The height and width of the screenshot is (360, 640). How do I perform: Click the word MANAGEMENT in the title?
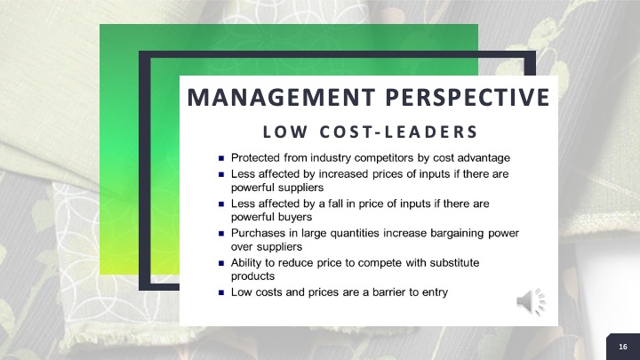tap(281, 97)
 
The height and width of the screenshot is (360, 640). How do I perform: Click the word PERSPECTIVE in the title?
tap(468, 97)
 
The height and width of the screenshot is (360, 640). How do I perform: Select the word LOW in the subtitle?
tap(285, 132)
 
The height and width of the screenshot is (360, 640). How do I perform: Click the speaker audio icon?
tap(531, 302)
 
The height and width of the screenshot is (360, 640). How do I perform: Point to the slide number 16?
tap(623, 347)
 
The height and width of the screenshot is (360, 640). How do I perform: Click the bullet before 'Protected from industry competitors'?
tap(221, 158)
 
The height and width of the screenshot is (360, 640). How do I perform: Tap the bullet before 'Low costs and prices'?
tap(221, 292)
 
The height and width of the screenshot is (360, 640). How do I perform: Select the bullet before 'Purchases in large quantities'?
tap(221, 234)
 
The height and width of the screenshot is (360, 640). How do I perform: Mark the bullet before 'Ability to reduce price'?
tap(221, 263)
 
